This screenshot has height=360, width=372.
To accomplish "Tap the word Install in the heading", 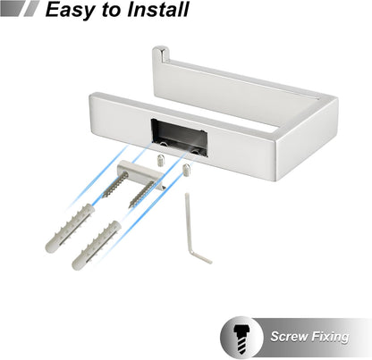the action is pyautogui.click(x=158, y=9).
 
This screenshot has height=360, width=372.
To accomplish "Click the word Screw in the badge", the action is pyautogui.click(x=289, y=337).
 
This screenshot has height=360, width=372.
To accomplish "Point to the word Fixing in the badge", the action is pyautogui.click(x=330, y=337).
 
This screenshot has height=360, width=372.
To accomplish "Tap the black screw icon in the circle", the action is pyautogui.click(x=241, y=337).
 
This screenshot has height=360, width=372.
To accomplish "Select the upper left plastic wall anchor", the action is pyautogui.click(x=70, y=228).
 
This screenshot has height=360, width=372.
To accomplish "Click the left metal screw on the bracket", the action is pyautogui.click(x=115, y=185).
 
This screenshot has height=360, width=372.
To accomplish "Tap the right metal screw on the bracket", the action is pyautogui.click(x=141, y=195).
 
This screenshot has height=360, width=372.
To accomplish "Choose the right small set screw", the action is pyautogui.click(x=187, y=170).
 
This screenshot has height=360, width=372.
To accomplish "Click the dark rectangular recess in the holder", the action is pyautogui.click(x=179, y=137).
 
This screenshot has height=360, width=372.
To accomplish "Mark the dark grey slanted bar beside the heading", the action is pyautogui.click(x=12, y=8).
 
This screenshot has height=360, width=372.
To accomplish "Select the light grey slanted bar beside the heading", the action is pyautogui.click(x=31, y=8).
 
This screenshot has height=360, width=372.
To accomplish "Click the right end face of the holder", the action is pyautogui.click(x=307, y=140).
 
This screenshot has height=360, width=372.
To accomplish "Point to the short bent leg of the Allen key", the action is pyautogui.click(x=201, y=257).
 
